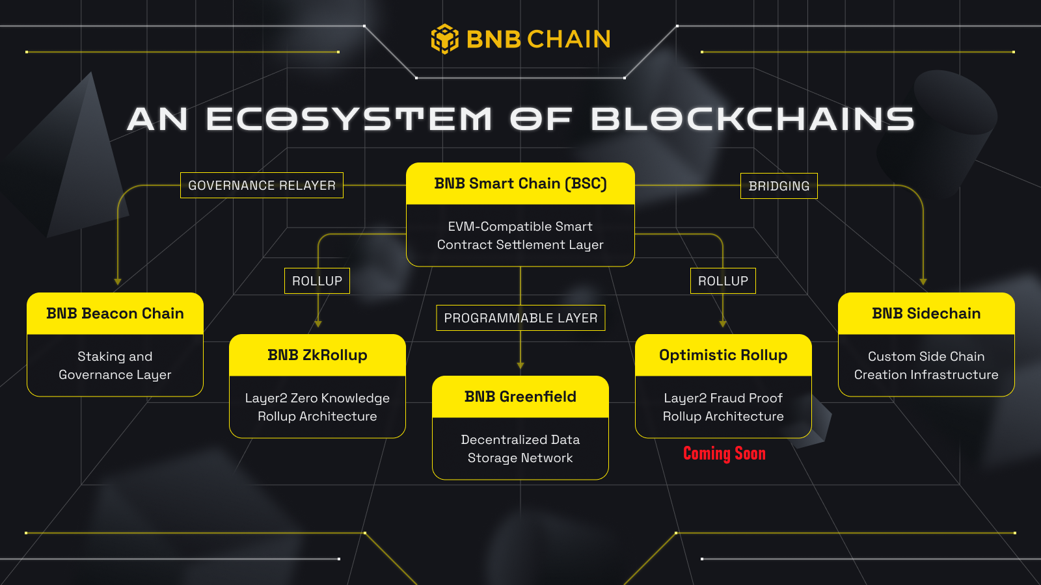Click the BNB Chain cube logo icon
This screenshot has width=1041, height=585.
coord(445,39)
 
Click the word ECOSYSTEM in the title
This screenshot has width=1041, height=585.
coord(349,120)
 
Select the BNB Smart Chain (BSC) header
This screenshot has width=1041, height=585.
coord(520,184)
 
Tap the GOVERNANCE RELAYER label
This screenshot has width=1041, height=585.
coord(262,185)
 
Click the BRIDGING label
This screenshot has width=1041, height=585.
coord(779,186)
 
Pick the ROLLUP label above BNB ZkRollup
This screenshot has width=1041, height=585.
coord(317,281)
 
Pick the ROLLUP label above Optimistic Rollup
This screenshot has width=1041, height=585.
coord(723,281)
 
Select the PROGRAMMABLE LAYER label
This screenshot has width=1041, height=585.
coord(520,318)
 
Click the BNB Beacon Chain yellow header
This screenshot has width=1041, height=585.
coord(115,314)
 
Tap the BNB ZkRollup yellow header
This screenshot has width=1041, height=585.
coord(318,356)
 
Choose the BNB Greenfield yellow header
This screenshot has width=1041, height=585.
coord(520,397)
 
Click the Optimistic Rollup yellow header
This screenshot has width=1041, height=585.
coord(723,356)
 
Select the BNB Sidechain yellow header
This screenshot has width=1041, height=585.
coord(926,314)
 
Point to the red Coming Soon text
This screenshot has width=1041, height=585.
coord(724,454)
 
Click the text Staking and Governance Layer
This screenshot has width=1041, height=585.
coord(115,365)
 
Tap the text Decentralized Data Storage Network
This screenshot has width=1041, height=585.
coord(520,448)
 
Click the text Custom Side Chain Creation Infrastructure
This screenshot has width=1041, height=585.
coord(926,365)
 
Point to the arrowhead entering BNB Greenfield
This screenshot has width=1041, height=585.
coord(520,366)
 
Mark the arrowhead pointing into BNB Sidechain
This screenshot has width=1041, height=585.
coord(923,282)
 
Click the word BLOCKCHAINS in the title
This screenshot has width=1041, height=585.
coord(753,120)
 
